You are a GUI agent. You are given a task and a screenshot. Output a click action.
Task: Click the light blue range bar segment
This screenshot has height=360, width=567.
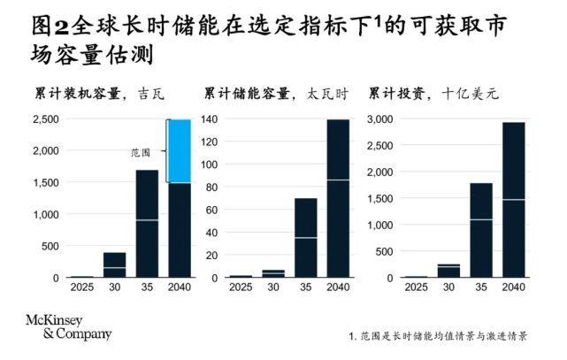[x=180, y=151]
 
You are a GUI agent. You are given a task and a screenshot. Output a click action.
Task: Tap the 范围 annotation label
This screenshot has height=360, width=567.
[x=140, y=152]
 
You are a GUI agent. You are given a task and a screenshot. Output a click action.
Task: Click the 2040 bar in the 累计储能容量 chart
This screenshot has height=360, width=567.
[x=338, y=198]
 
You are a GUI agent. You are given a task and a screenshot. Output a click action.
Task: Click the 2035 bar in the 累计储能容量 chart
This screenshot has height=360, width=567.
[x=306, y=238]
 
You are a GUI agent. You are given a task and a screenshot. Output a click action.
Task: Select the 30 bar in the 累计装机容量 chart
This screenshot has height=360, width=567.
[x=114, y=265]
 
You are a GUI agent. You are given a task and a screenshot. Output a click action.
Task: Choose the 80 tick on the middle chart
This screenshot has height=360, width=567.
[x=211, y=187]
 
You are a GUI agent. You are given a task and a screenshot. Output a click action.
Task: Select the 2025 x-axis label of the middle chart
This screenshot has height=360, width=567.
[x=241, y=289]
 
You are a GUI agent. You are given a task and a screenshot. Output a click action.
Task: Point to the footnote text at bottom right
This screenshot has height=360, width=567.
[x=439, y=337]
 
